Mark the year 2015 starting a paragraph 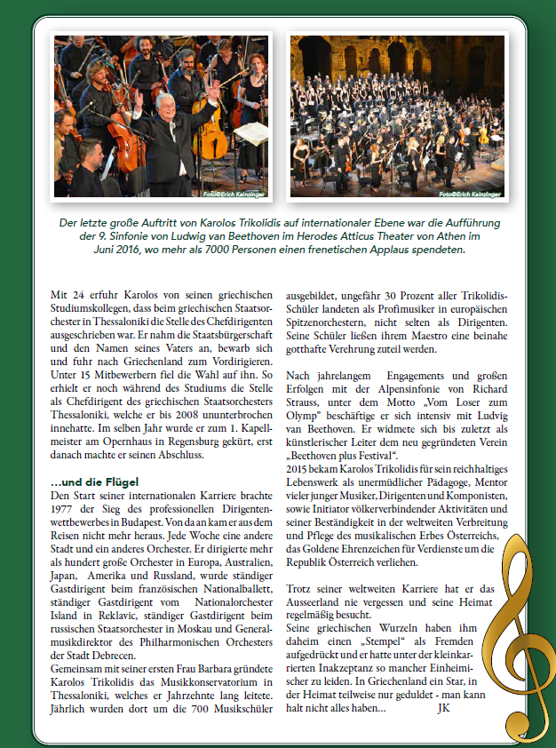[x=298, y=468]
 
